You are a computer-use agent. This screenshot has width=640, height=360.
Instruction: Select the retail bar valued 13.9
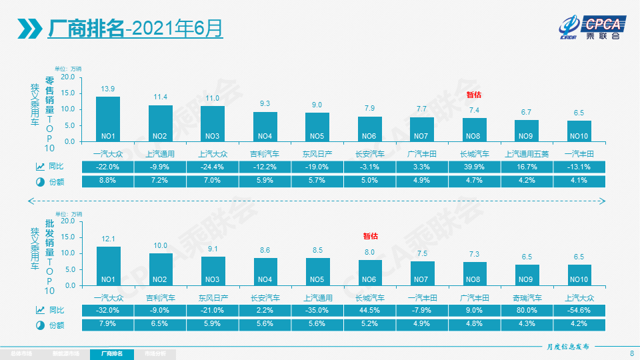tap(108, 119)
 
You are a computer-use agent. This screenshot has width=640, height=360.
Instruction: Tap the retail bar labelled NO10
tap(579, 131)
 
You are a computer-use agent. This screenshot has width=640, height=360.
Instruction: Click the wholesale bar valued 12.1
tap(109, 266)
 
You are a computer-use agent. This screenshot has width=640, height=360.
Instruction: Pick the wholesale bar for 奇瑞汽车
tap(527, 275)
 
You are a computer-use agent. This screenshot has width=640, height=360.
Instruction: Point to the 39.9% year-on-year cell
tap(474, 165)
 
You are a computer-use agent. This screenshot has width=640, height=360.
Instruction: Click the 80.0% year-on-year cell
tap(527, 309)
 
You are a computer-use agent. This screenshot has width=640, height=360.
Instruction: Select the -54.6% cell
tap(579, 309)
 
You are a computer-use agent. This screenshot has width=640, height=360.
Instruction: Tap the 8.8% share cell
tap(107, 181)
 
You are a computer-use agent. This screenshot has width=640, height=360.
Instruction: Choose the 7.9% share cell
tap(107, 325)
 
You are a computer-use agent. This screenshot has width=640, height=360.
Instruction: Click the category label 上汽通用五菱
tap(527, 153)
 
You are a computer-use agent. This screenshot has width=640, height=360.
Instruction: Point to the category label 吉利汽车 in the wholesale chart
tap(161, 297)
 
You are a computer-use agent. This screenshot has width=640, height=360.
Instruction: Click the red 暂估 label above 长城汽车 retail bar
tap(474, 95)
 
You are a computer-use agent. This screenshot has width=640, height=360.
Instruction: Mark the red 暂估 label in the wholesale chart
tap(370, 235)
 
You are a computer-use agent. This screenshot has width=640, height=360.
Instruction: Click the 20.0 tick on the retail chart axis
tap(67, 77)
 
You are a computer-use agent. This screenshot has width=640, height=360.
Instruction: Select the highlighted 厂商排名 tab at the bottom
tap(111, 353)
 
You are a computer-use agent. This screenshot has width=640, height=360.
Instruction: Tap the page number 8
tap(631, 353)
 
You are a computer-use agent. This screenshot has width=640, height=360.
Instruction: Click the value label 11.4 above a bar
tap(161, 97)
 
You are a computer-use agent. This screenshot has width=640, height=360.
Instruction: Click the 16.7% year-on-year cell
tap(527, 165)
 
